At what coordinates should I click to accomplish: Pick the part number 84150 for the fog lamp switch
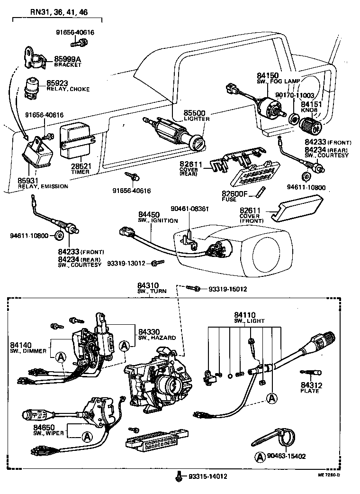point(268,75)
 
